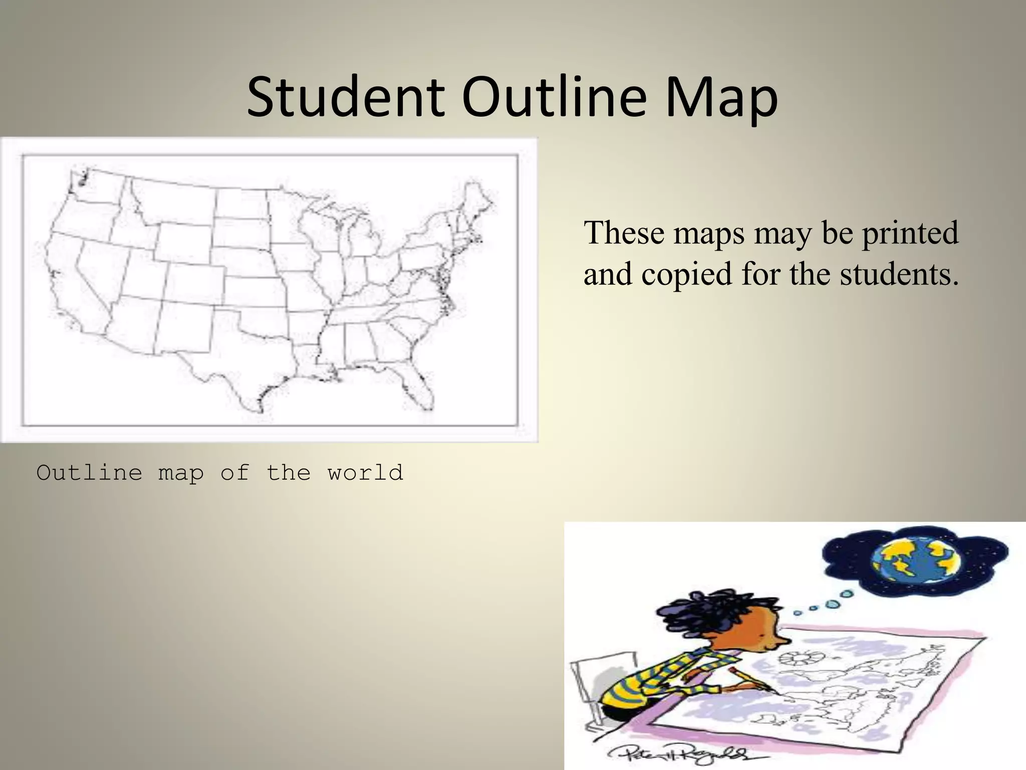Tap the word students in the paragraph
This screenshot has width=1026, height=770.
coord(899,275)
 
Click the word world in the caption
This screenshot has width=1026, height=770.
coord(365,473)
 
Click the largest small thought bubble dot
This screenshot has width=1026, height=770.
coord(847,594)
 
